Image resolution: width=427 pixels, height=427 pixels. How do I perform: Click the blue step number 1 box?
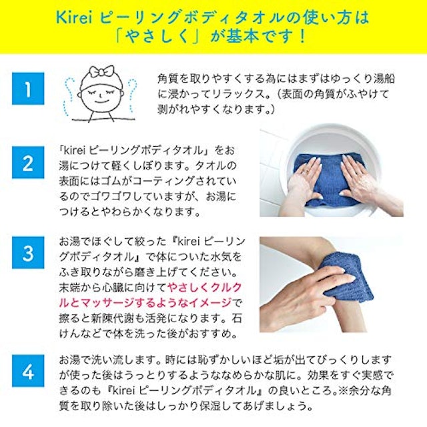[x=27, y=89]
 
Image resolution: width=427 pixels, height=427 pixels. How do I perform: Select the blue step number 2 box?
[x=27, y=164]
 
